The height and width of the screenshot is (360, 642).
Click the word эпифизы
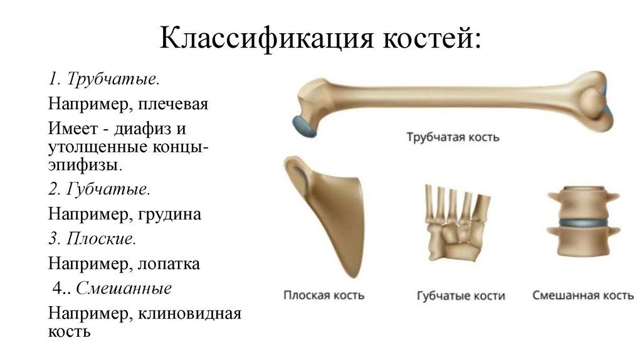[83, 167]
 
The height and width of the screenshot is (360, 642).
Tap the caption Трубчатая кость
[452, 137]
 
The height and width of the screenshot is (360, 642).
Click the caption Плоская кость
[324, 295]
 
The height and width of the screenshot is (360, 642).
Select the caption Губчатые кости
[461, 295]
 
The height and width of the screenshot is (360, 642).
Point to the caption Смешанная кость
[583, 295]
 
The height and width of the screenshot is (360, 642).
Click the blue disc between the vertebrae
[583, 222]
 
